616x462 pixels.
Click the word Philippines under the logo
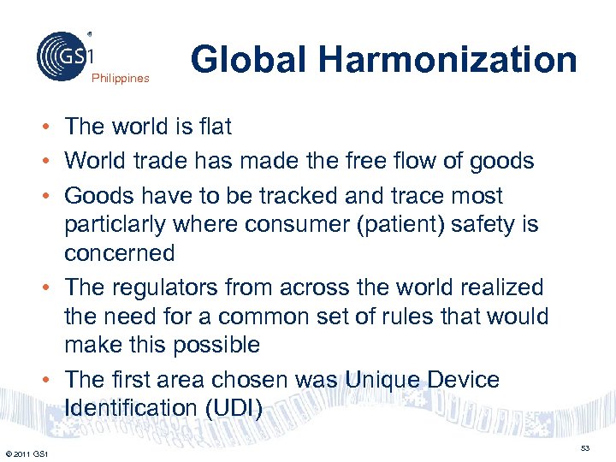[x=121, y=79]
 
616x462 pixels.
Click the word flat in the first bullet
[x=215, y=127]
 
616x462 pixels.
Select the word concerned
[x=120, y=253]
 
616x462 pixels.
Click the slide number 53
[x=585, y=448]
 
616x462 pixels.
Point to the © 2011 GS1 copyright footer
[x=26, y=453]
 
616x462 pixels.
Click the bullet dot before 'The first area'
[x=52, y=380]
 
